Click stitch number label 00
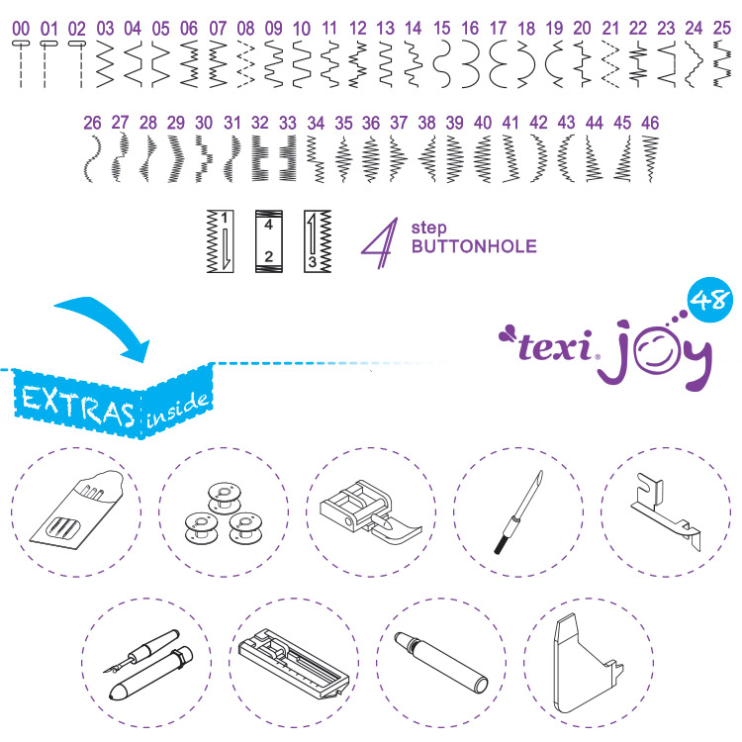(21, 29)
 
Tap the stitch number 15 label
(441, 29)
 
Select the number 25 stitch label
(721, 29)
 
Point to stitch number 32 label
(260, 123)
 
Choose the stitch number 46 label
(650, 123)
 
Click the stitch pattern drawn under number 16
(470, 64)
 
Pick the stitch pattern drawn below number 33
(288, 158)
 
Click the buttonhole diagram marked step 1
(220, 241)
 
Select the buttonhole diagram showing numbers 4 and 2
(269, 241)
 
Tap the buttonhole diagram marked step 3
(318, 241)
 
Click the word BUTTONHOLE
(474, 246)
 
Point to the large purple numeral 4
(380, 242)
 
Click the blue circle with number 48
(709, 300)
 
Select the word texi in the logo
(555, 346)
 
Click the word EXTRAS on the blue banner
(78, 405)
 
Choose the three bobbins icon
(223, 513)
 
